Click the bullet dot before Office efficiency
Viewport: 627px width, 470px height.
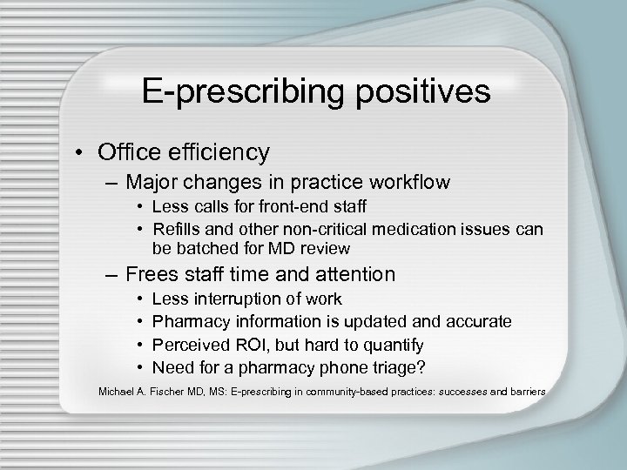[x=104, y=153]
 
